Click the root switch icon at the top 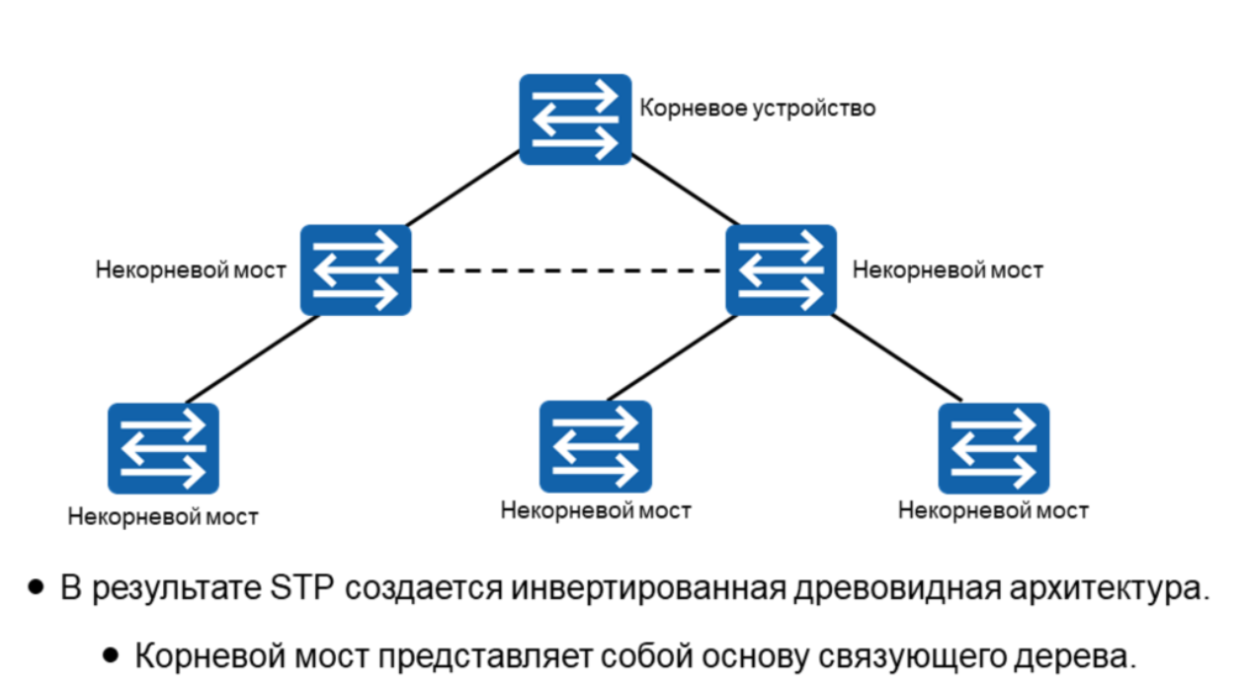(575, 118)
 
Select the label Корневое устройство (757, 108)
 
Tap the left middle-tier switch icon (356, 269)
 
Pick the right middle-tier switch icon (781, 269)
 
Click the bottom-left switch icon (163, 447)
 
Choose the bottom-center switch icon (595, 445)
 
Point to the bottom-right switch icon (993, 447)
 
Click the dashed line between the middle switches (568, 270)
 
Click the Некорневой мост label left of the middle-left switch (191, 269)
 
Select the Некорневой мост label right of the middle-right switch (948, 269)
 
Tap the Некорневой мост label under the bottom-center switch (596, 510)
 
